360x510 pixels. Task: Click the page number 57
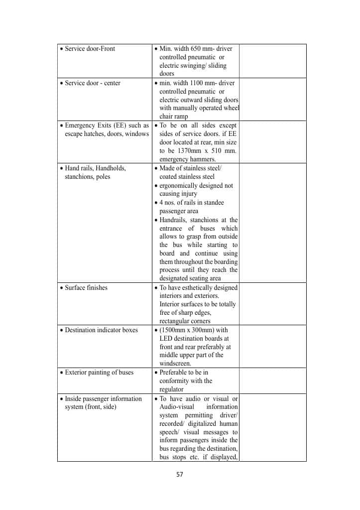180,474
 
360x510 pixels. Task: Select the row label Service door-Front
90,49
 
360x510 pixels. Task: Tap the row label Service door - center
93,83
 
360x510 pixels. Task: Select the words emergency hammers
187,159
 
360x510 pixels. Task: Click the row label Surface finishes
86,288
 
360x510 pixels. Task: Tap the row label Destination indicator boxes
101,330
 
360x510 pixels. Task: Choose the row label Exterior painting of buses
99,373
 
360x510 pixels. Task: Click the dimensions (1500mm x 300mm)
187,330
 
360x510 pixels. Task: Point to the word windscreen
175,364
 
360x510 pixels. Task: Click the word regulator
171,389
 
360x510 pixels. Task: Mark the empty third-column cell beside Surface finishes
272,304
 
